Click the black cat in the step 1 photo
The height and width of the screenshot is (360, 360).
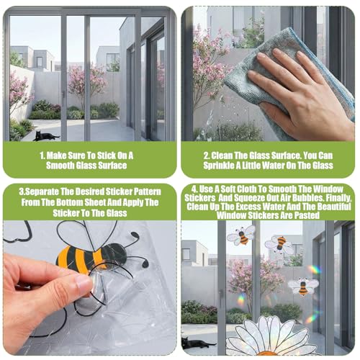[x=45, y=136]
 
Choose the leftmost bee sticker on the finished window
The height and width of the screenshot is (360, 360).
[x=241, y=235]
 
